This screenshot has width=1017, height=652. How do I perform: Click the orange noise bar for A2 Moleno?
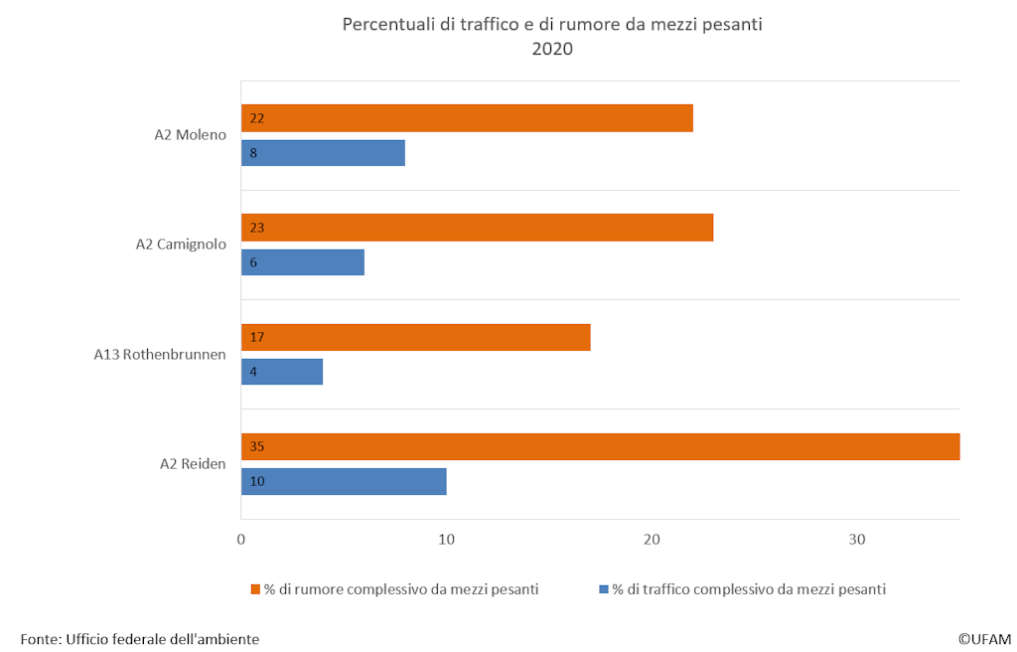pos(467,118)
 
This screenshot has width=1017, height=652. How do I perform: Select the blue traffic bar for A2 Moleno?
pos(323,153)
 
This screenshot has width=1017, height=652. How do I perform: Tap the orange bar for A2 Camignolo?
pos(477,228)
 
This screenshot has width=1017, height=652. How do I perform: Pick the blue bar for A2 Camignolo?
pos(303,262)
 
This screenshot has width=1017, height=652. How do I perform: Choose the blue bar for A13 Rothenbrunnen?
pos(282,372)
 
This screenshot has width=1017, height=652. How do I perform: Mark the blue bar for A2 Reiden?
pos(344,481)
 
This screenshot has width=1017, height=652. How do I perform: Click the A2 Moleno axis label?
pos(191,135)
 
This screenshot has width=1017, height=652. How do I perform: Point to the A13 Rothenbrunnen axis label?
pos(160,354)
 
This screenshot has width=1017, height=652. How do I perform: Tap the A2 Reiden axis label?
pos(193,463)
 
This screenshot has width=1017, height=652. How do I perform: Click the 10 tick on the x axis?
pos(447,539)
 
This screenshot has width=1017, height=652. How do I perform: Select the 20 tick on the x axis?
pos(652,539)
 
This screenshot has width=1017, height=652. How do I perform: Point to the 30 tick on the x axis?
pos(857,539)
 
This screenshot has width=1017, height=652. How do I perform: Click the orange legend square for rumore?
pos(255,589)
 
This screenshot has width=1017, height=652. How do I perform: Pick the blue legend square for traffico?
pos(603,589)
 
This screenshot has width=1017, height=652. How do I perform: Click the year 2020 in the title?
pos(552,48)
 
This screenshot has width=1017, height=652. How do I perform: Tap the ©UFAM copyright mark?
pos(983,639)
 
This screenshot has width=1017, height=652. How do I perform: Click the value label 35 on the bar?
pos(257,446)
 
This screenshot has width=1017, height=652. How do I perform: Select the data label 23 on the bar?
pos(257,228)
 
